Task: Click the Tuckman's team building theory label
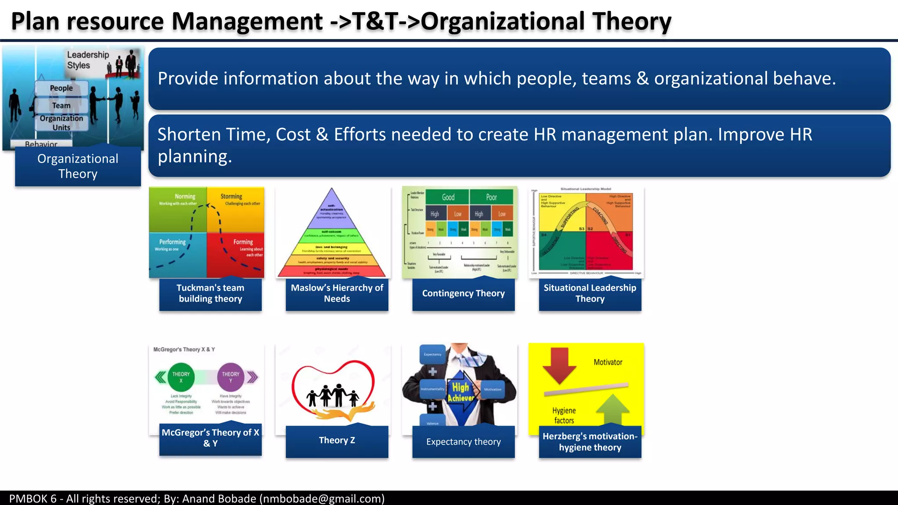tap(210, 293)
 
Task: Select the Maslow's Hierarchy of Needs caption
tap(337, 293)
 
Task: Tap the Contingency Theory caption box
tap(463, 293)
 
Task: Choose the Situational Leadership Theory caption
tap(590, 293)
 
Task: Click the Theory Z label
tap(337, 441)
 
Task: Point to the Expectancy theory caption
tap(463, 442)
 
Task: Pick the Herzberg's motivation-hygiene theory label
tap(590, 442)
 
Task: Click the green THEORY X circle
tap(181, 377)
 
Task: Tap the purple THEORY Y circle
tap(231, 377)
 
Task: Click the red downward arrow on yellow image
tap(559, 365)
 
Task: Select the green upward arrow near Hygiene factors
tap(613, 409)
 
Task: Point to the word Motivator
tap(608, 363)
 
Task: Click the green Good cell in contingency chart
tap(448, 197)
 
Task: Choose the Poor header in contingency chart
tap(491, 197)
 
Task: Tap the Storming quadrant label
tap(232, 196)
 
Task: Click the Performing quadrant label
tap(172, 242)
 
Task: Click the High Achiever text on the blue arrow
tap(460, 392)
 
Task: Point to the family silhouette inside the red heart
tap(333, 395)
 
